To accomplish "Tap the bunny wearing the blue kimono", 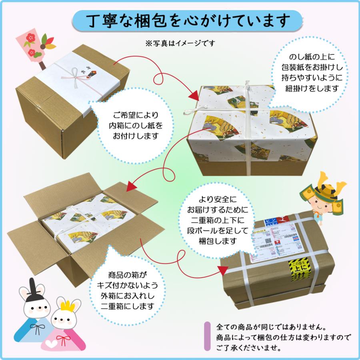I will (x=34, y=316).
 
